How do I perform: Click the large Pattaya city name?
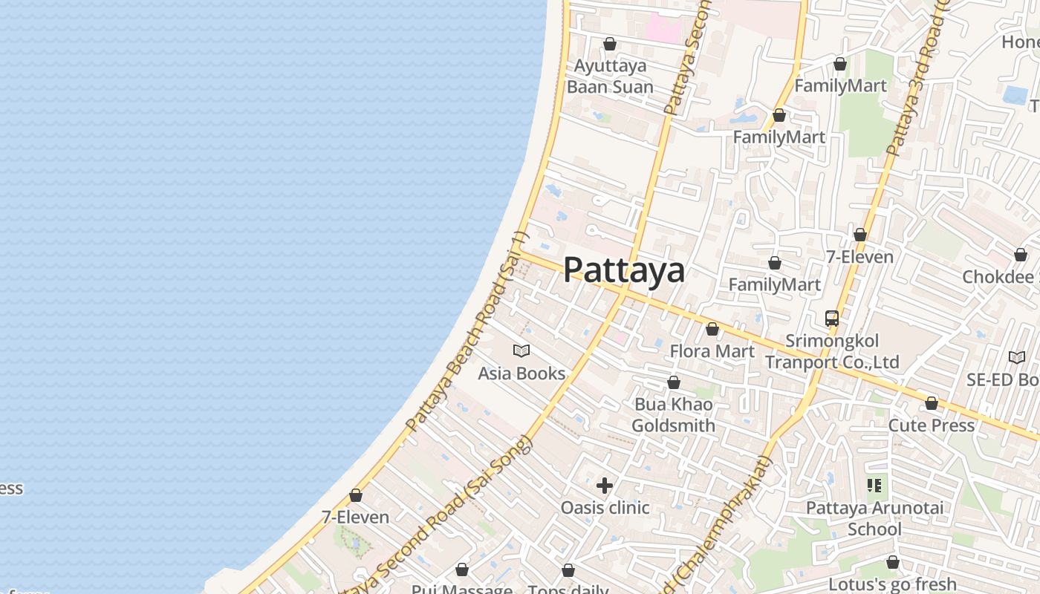[624, 270]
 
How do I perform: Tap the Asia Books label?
[521, 373]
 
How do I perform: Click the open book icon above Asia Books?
[521, 350]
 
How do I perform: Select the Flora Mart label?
[712, 351]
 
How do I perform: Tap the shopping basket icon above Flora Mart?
[712, 329]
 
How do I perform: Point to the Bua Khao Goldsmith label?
[674, 415]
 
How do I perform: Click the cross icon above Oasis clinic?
[605, 486]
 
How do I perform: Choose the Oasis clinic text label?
[605, 508]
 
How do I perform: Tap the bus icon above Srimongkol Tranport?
[832, 319]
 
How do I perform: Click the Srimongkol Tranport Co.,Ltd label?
[832, 351]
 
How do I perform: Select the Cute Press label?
[932, 425]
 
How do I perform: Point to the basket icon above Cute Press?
[932, 403]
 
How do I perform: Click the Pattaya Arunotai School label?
[874, 518]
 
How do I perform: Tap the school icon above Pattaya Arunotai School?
[874, 486]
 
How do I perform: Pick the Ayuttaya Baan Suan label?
[610, 76]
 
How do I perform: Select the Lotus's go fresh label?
[892, 584]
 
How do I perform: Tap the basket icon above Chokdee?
[1021, 255]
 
